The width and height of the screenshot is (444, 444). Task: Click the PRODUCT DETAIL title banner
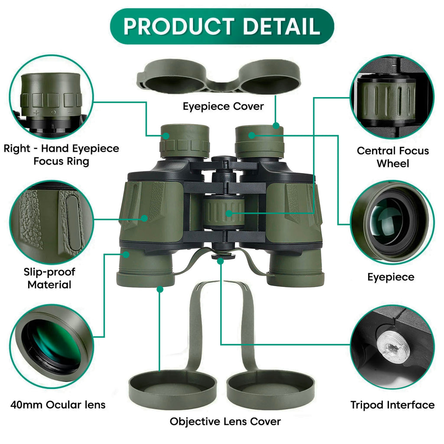coord(222,26)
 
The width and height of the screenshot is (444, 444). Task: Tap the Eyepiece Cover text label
coord(223,107)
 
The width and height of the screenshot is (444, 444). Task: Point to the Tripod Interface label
coord(392,405)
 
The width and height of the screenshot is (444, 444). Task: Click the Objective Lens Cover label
coord(225,421)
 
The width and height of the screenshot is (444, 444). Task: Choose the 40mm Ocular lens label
coord(58,405)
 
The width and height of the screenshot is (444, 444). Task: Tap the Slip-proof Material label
coord(49,278)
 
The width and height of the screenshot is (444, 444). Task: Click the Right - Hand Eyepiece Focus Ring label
coord(61,155)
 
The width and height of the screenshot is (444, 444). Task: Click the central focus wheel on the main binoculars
coord(224,213)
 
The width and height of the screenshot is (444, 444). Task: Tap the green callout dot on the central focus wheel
coord(229,213)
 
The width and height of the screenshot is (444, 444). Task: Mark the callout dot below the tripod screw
coord(220,261)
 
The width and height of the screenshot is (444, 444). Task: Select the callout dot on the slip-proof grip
coord(144,219)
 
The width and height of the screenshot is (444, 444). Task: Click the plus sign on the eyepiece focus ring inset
coord(36,112)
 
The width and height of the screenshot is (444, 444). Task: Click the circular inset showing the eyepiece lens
coord(392,223)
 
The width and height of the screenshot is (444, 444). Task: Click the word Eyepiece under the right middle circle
coord(391,277)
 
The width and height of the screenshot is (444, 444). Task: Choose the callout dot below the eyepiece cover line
coord(276,125)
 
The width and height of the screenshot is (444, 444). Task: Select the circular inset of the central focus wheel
coord(392,97)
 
